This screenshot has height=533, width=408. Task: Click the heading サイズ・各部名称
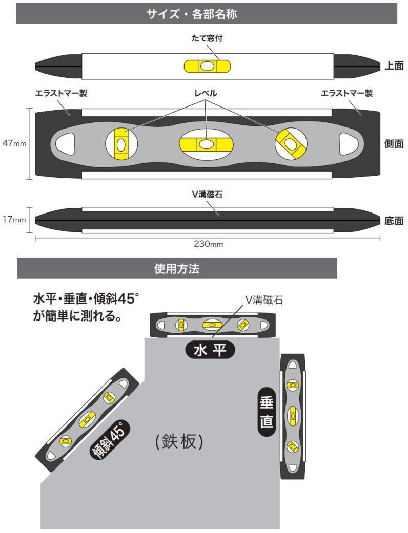pos(207,14)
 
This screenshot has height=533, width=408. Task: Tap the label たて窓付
pos(207,38)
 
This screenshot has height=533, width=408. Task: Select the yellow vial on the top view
pos(207,67)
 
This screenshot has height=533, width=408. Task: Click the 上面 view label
pos(394,66)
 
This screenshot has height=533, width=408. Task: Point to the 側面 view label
pos(394,144)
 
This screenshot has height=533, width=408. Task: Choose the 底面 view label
pos(394,221)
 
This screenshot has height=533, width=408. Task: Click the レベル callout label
pos(205,93)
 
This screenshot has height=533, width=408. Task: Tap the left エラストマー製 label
pos(61,93)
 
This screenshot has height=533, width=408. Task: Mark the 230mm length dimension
pos(208,244)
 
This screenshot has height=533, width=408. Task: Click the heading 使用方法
pos(177,268)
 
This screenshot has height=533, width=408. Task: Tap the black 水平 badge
pos(210,350)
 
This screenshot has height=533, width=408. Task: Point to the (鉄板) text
pos(179,441)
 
